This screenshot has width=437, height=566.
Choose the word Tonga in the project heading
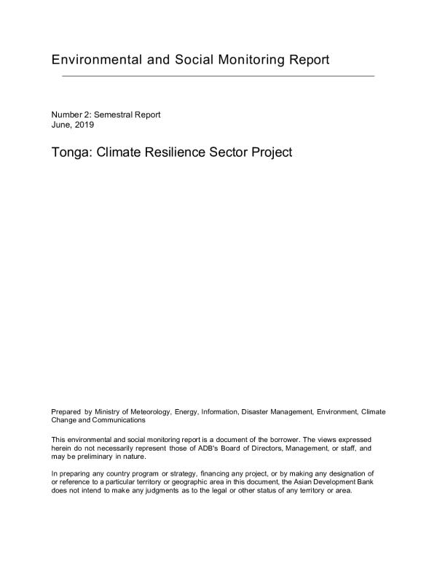pyautogui.click(x=70, y=153)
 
